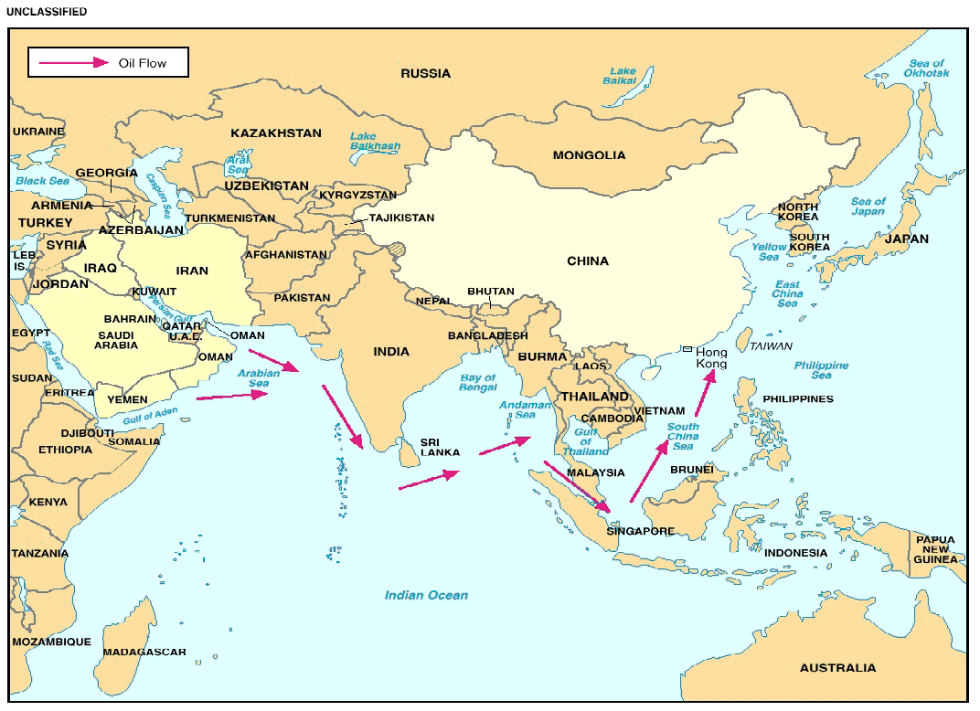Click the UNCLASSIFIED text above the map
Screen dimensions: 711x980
(x=47, y=12)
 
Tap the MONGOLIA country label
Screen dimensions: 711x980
(x=589, y=155)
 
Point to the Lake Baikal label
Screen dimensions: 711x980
(x=623, y=76)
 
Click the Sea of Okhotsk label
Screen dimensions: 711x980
(x=928, y=68)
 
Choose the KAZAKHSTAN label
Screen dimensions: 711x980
(x=275, y=133)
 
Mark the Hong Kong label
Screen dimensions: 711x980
(x=711, y=358)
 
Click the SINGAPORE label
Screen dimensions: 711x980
(x=640, y=531)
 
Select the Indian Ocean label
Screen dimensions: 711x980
(x=426, y=595)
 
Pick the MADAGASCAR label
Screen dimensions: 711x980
(x=144, y=653)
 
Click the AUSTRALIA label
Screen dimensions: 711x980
(x=837, y=668)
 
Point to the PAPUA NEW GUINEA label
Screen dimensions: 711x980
(x=935, y=549)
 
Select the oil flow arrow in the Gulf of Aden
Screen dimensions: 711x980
(x=231, y=396)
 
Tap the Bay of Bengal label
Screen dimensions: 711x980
(x=478, y=383)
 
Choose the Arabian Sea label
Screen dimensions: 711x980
(x=259, y=378)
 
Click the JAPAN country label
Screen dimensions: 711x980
(x=905, y=239)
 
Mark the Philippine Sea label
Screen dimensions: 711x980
(x=821, y=370)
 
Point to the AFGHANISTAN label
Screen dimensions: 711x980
(x=285, y=255)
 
